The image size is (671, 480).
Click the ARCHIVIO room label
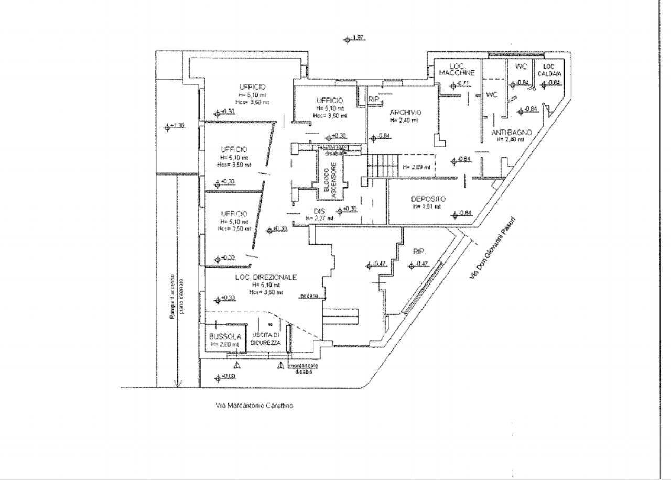pos(405,112)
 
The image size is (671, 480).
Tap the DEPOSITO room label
pos(428,199)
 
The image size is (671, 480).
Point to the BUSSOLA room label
pos(224,336)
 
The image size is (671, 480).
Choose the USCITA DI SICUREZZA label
pos(265,339)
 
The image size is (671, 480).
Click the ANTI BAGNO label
pos(512,133)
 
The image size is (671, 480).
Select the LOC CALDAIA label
pos(548,70)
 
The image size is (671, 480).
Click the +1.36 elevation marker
pos(175,126)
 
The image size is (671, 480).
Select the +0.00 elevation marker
pos(225,377)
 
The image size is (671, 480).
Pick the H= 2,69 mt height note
pos(417,168)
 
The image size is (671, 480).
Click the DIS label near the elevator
pos(320,211)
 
